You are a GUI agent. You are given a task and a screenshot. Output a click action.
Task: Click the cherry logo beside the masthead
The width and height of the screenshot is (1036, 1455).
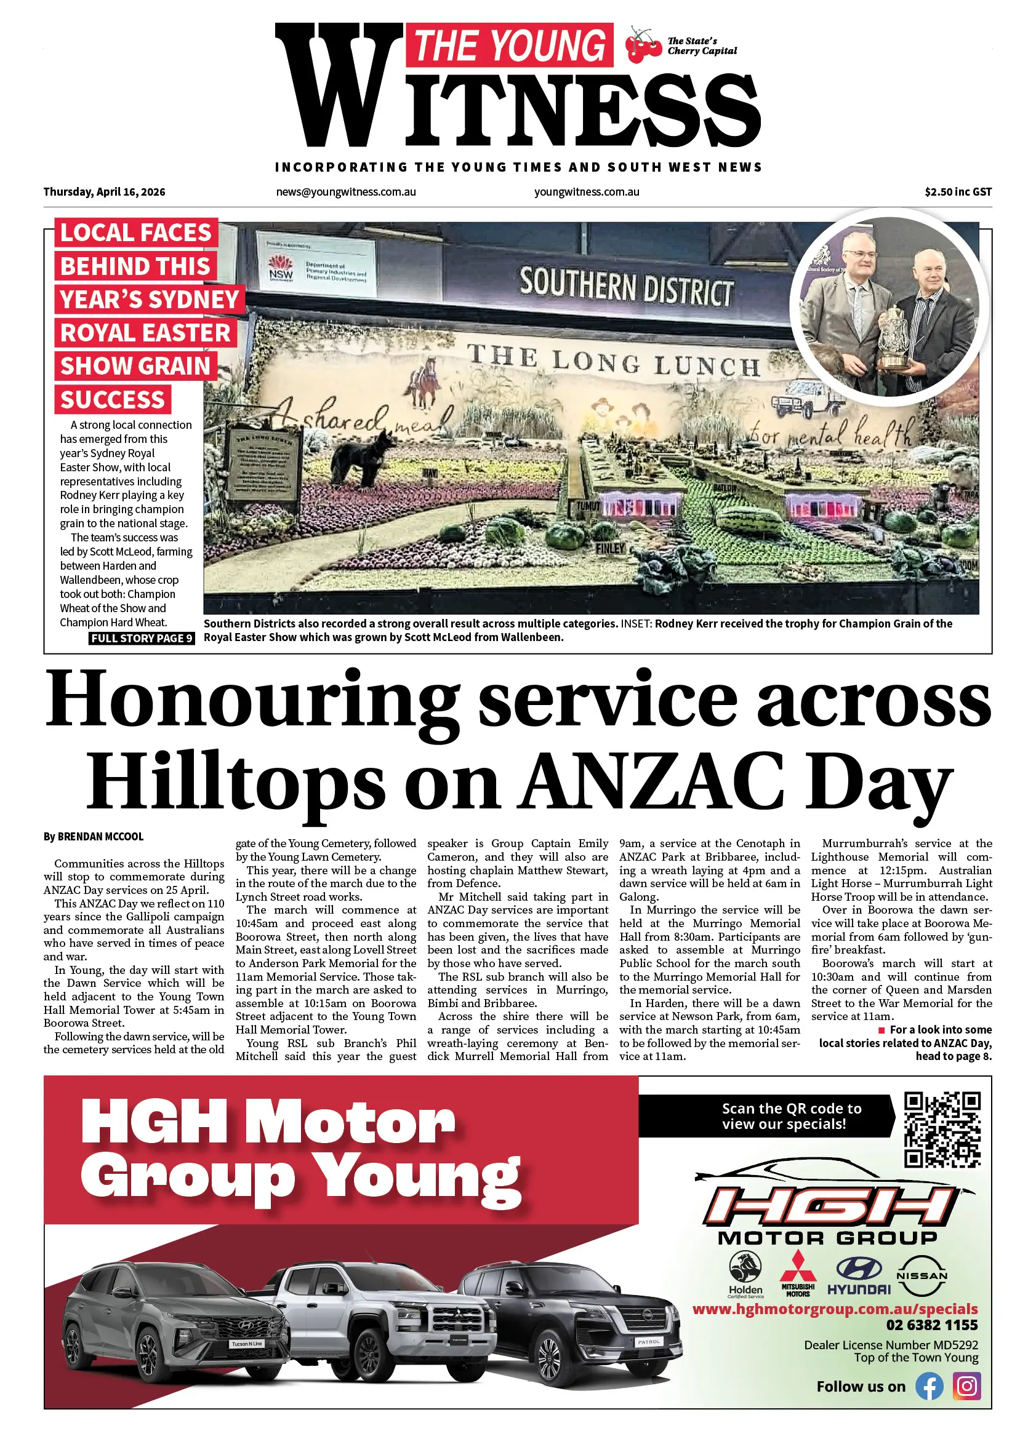pyautogui.click(x=643, y=46)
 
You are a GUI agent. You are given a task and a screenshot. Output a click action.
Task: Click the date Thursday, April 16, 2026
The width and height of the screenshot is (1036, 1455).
pyautogui.click(x=104, y=192)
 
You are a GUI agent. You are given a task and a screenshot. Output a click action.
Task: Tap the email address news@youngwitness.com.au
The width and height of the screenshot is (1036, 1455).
pyautogui.click(x=346, y=192)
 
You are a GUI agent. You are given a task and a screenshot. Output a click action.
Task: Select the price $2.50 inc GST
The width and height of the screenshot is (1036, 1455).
pyautogui.click(x=958, y=192)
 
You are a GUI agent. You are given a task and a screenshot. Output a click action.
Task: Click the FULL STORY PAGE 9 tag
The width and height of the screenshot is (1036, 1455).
pyautogui.click(x=142, y=638)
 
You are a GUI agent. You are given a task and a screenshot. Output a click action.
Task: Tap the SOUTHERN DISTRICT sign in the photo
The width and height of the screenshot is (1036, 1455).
pyautogui.click(x=626, y=287)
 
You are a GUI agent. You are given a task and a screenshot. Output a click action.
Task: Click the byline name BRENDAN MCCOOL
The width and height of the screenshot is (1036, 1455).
pyautogui.click(x=100, y=837)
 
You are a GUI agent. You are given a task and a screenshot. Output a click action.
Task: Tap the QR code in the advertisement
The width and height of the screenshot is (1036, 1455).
pyautogui.click(x=942, y=1129)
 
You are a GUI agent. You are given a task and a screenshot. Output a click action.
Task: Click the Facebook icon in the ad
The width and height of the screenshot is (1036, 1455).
pyautogui.click(x=929, y=1386)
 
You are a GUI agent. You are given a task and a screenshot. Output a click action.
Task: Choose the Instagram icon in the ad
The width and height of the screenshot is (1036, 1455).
pyautogui.click(x=966, y=1386)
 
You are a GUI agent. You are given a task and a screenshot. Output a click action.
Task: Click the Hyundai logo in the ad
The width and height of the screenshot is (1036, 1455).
pyautogui.click(x=859, y=1276)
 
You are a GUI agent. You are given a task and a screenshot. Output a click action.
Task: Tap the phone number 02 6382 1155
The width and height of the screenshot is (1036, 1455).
pyautogui.click(x=931, y=1325)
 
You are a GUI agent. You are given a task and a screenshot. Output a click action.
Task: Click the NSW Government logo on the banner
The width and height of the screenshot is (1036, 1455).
pyautogui.click(x=281, y=268)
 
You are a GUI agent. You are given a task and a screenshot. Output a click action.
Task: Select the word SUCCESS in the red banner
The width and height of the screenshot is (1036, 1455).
pyautogui.click(x=113, y=400)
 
